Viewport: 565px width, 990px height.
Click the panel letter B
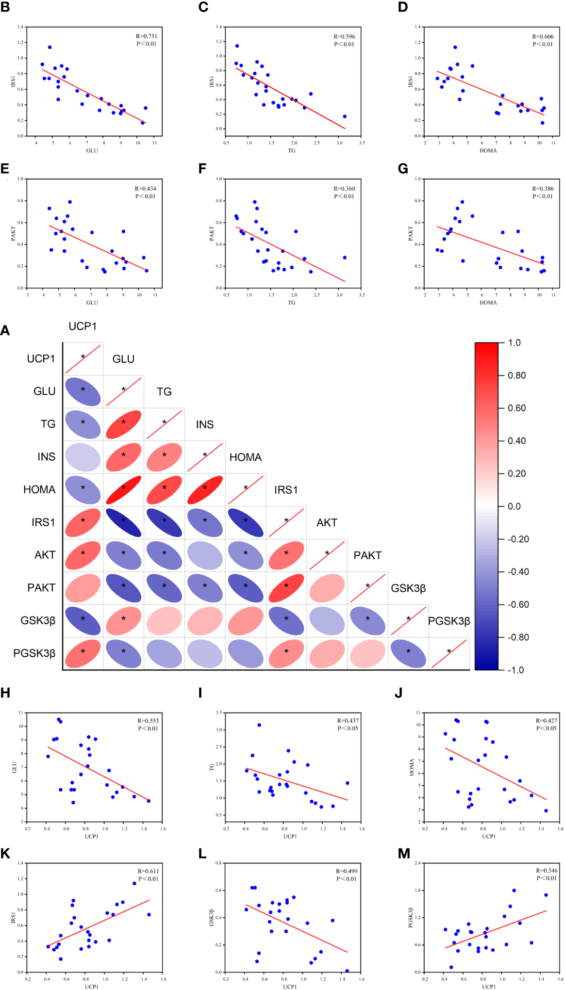point(5,7)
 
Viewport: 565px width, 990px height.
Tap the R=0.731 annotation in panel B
point(146,36)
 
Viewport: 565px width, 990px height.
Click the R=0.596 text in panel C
point(344,36)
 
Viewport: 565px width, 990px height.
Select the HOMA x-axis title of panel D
point(488,150)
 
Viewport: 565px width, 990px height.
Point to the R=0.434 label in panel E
point(145,188)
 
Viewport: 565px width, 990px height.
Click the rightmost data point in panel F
point(345,258)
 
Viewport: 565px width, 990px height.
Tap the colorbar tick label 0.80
point(516,375)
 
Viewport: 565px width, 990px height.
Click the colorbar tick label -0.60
point(518,604)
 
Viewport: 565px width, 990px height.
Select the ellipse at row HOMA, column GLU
point(123,489)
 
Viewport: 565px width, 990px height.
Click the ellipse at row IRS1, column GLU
point(123,522)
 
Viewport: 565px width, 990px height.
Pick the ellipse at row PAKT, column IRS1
point(286,588)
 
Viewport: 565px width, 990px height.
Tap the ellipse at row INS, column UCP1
point(83,457)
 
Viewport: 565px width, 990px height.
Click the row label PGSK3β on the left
point(34,653)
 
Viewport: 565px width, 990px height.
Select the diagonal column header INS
point(204,424)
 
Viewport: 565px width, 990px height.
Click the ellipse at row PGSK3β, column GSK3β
point(408,653)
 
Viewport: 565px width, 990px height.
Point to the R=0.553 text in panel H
point(148,721)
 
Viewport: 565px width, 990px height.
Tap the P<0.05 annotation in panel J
point(547,728)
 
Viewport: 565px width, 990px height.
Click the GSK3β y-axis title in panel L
point(211,917)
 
